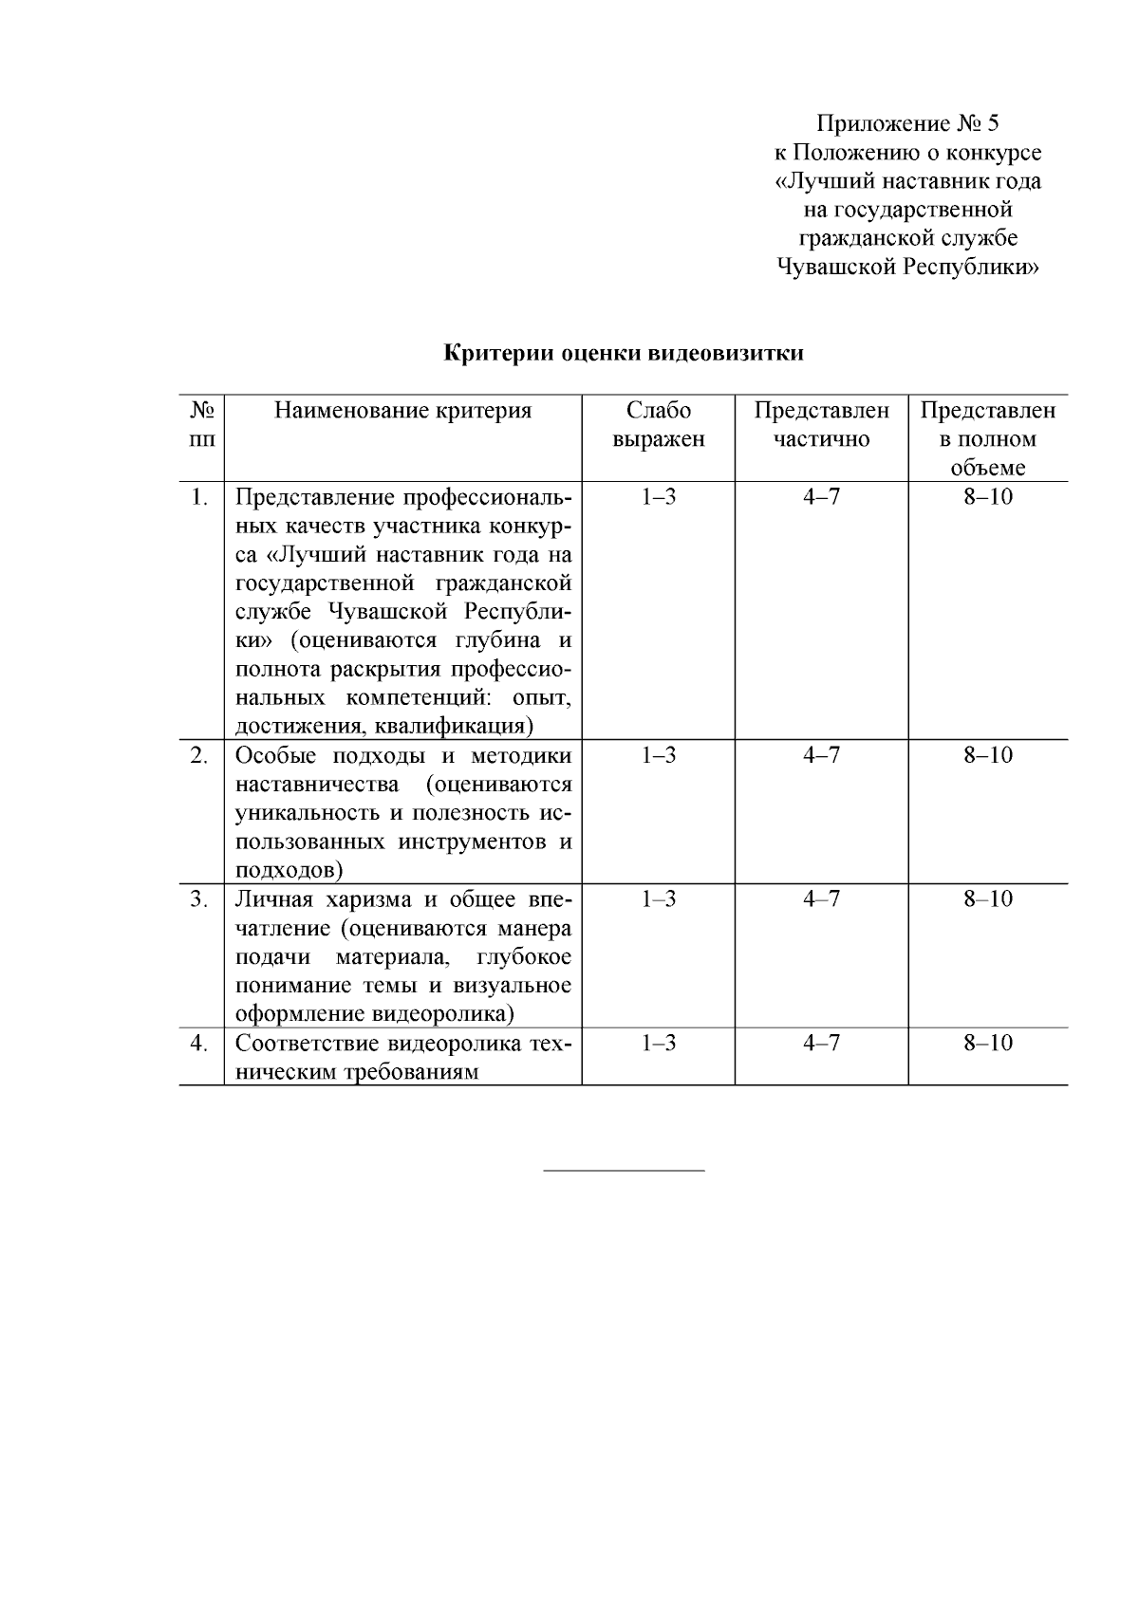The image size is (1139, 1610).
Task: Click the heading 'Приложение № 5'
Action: point(908,123)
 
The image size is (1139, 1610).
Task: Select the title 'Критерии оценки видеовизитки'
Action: point(625,354)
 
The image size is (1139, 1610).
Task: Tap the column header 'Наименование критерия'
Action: point(402,411)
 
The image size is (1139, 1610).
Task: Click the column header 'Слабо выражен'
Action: point(658,425)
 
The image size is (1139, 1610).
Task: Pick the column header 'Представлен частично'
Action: point(821,425)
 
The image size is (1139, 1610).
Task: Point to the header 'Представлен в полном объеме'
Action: point(988,439)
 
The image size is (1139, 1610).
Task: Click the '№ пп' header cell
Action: point(201,425)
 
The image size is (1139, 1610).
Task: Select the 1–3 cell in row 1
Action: point(658,497)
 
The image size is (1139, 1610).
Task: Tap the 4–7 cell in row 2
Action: point(821,756)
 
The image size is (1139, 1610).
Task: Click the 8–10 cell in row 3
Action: point(988,899)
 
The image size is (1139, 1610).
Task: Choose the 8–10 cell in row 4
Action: point(988,1044)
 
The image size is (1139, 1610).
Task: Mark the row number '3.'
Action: point(199,899)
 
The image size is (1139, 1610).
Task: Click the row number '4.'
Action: point(199,1044)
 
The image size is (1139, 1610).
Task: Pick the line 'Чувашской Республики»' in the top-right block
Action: point(908,268)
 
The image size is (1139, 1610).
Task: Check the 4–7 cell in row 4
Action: point(821,1044)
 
